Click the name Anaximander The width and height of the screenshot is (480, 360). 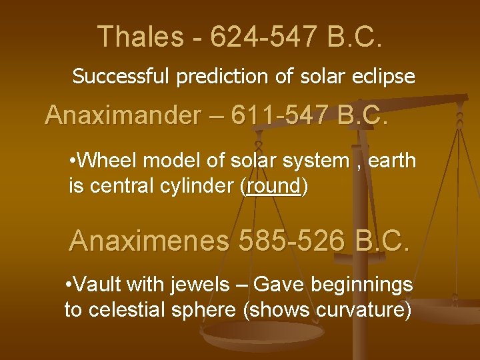122,115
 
